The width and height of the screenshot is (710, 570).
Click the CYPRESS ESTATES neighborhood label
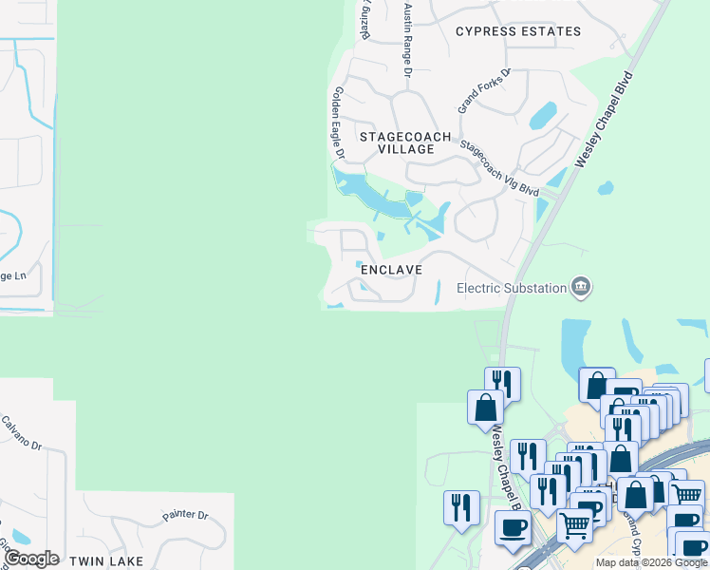(x=517, y=31)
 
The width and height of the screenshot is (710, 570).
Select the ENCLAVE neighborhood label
(x=390, y=270)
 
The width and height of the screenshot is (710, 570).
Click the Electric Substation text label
(x=512, y=287)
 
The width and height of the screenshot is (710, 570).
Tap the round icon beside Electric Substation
(x=581, y=286)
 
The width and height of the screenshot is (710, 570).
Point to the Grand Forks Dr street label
(x=484, y=91)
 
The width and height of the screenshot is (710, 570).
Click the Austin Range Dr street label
(x=408, y=40)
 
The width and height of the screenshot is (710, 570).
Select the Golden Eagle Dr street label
(x=337, y=119)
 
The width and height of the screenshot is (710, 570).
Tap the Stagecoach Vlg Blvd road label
(x=499, y=168)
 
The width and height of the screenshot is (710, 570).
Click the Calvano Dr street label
(x=22, y=433)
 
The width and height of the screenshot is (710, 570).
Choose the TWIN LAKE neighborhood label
(x=106, y=561)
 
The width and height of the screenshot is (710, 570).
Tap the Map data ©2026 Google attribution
(x=651, y=562)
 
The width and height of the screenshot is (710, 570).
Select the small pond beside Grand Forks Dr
(x=543, y=116)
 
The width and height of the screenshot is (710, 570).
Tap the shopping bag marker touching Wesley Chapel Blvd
(x=485, y=407)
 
